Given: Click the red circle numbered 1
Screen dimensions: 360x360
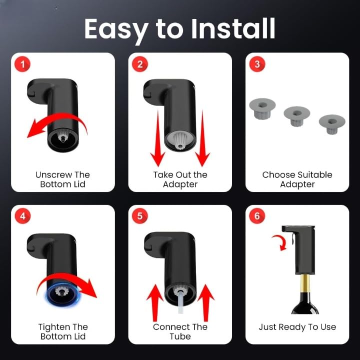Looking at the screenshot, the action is [22, 64].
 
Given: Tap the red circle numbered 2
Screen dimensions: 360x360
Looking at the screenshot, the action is [140, 64].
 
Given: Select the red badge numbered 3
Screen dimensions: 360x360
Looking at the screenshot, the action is [257, 64].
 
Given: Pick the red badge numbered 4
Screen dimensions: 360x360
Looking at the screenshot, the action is [22, 216].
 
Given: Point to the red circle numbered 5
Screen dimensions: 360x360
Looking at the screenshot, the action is [140, 216].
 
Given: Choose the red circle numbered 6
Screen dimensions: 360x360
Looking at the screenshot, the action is [257, 216].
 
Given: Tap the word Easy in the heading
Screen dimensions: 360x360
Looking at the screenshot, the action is [116, 30].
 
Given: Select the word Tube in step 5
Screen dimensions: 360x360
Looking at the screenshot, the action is [180, 336].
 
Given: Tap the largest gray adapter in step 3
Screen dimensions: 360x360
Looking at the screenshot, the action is [262, 108].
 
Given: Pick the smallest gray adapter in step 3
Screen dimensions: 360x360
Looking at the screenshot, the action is [332, 124].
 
